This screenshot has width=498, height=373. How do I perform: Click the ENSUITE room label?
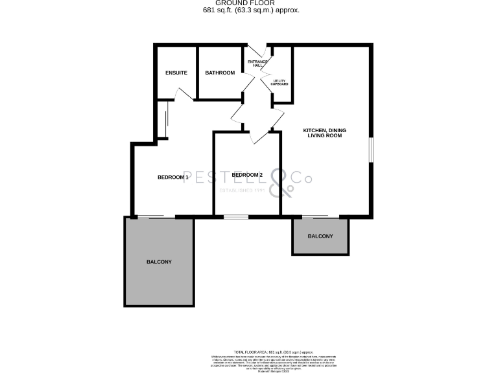(176, 73)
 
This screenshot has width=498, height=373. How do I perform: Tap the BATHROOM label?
(220, 73)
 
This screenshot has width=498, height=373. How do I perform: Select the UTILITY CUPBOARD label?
(279, 82)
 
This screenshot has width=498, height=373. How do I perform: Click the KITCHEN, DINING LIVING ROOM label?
(324, 133)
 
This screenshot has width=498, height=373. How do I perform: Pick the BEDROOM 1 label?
(172, 177)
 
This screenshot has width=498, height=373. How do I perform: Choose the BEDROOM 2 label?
(247, 175)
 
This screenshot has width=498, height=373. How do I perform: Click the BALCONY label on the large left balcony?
(159, 262)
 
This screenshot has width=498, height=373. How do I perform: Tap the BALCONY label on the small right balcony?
(320, 236)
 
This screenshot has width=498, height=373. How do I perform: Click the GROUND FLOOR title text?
(248, 3)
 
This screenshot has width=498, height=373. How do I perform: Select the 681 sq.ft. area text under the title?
(248, 10)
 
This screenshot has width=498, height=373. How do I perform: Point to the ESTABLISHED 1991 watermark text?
(243, 190)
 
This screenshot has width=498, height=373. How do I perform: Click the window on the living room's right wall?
(372, 149)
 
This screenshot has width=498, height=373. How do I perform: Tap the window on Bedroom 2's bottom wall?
(237, 216)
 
